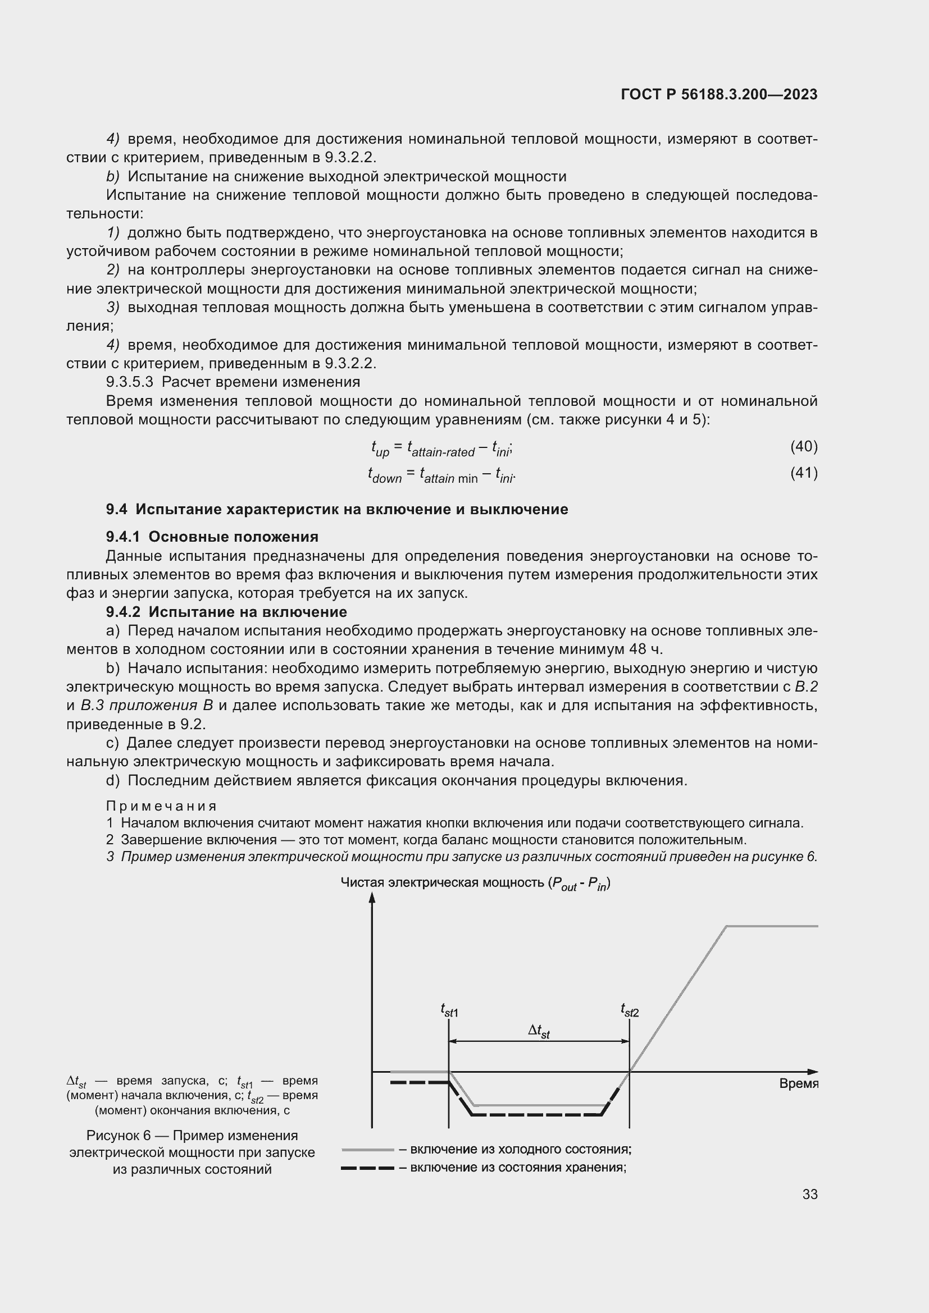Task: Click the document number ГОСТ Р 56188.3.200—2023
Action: coord(718,94)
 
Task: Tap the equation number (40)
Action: coord(803,446)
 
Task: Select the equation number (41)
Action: coord(803,473)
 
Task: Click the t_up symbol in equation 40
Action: coord(379,449)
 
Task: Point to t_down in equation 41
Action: coord(384,475)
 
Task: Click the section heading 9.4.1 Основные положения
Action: coord(212,537)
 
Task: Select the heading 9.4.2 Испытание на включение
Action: coord(226,612)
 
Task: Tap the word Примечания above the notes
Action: coord(161,806)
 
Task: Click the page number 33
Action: coord(809,1194)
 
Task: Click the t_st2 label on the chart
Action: coord(629,1010)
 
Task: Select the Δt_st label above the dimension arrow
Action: coord(538,1031)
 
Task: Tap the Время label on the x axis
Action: coord(799,1083)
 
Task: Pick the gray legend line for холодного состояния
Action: coord(367,1150)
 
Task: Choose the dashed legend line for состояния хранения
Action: coord(367,1168)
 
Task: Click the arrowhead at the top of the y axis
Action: coord(372,898)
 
